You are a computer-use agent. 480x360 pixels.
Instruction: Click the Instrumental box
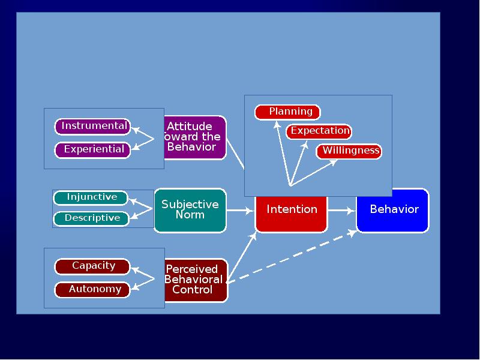93,127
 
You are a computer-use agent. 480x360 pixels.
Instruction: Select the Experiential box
93,149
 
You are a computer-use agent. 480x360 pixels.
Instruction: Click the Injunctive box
91,197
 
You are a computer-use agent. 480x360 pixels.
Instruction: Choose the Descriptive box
91,218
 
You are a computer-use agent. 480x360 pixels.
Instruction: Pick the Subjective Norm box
190,210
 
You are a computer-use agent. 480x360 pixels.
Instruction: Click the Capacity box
92,266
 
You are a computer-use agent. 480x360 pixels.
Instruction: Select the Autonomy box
93,290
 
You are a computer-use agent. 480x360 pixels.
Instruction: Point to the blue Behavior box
393,210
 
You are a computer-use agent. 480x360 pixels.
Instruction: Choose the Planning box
288,112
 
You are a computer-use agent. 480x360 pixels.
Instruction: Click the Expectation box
319,131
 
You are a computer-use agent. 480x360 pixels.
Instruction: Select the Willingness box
349,151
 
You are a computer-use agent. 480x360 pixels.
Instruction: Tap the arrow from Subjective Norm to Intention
241,211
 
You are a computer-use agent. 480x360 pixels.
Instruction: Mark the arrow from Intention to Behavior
342,211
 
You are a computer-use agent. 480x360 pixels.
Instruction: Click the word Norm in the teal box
190,215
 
